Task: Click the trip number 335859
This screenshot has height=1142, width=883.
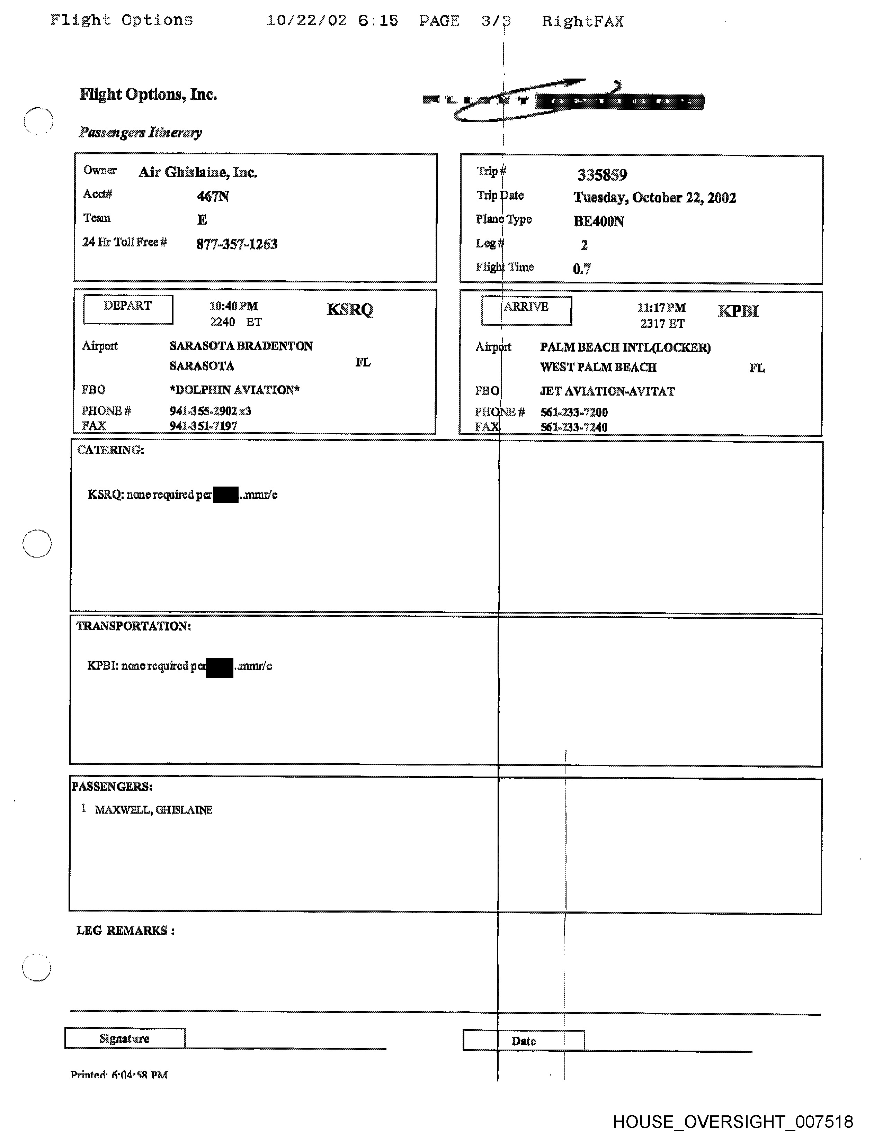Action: coord(602,175)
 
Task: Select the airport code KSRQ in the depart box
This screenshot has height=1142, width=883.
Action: coord(350,310)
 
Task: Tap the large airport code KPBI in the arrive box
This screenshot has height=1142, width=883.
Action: coord(738,311)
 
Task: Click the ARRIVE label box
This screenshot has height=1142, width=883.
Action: coord(526,310)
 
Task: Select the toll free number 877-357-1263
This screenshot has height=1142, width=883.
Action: coord(237,244)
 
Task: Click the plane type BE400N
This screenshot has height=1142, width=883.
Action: coord(598,221)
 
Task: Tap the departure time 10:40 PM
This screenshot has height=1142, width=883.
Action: coord(233,306)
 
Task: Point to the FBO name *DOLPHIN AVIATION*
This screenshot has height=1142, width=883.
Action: coord(234,390)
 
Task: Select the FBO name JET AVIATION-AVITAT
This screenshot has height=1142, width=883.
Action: coord(607,391)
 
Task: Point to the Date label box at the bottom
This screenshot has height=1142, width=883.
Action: coord(524,1041)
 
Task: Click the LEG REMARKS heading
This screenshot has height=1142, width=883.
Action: coord(125,930)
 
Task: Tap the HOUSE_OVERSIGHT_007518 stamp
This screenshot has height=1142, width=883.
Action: coord(733,1122)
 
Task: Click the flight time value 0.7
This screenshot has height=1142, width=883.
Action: coord(582,269)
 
